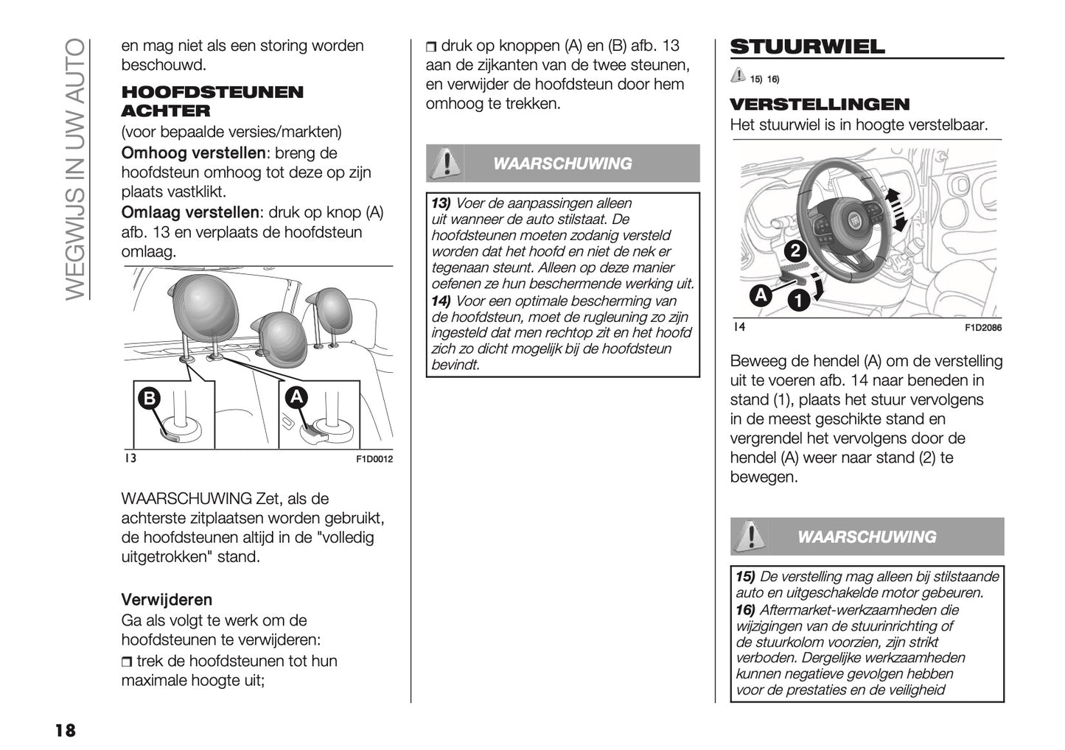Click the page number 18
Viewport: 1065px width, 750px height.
coord(64,730)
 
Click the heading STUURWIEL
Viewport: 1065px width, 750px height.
coord(807,47)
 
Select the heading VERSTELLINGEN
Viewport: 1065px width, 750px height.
coord(820,104)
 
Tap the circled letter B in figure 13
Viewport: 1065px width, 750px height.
coord(150,399)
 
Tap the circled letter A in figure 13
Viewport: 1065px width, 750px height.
coord(296,397)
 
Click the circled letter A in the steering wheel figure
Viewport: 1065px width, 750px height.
coord(760,295)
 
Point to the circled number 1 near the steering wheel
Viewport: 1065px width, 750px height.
coord(797,300)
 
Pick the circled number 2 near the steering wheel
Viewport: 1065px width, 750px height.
coord(795,251)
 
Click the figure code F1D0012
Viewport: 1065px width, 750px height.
coord(374,459)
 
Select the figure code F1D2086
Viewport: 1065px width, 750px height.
coord(983,328)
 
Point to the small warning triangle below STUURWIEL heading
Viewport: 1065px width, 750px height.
coord(738,75)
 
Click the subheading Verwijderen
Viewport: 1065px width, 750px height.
coord(167,599)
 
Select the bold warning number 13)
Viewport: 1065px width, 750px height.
coord(441,203)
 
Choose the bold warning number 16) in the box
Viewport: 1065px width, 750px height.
coord(745,610)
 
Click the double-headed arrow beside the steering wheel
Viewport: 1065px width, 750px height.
coord(895,208)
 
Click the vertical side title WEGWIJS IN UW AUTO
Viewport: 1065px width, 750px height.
coord(75,169)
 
